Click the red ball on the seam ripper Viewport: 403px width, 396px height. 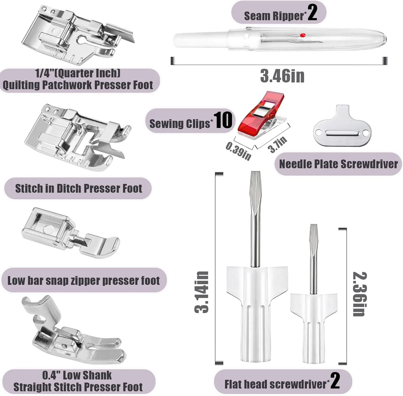[x=303, y=35]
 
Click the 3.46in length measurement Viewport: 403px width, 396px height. [x=282, y=76]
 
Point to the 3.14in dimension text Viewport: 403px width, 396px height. [x=201, y=292]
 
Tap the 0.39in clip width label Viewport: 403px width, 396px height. [x=239, y=151]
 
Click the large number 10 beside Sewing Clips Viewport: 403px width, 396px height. [x=223, y=120]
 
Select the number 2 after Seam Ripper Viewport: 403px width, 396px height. [x=312, y=13]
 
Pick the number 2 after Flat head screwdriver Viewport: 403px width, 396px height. [x=335, y=380]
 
